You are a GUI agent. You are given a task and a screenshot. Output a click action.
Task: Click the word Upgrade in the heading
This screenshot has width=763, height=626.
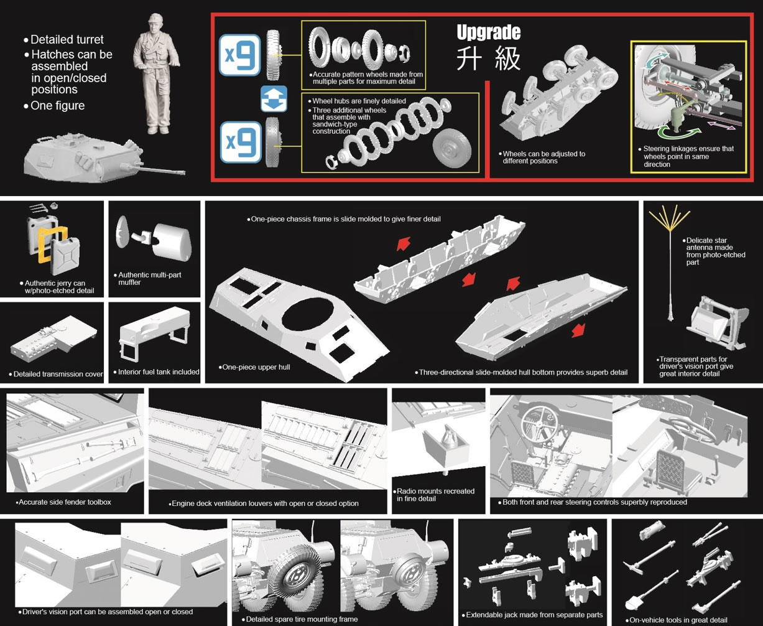pyautogui.click(x=488, y=32)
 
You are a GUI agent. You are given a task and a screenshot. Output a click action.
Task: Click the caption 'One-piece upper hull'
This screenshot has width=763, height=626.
pyautogui.click(x=256, y=367)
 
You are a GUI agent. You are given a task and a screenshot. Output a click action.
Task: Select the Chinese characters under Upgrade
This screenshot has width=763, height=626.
pyautogui.click(x=488, y=58)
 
